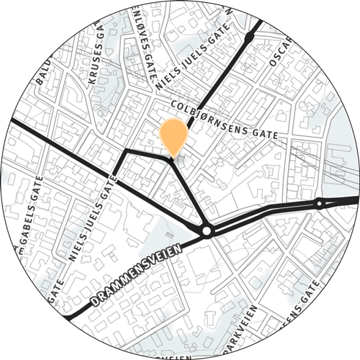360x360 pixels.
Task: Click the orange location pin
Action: [173, 135]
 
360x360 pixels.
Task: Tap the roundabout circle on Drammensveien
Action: [207, 231]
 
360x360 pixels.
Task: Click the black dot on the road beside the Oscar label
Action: [249, 35]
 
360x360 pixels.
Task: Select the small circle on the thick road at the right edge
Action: [319, 204]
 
